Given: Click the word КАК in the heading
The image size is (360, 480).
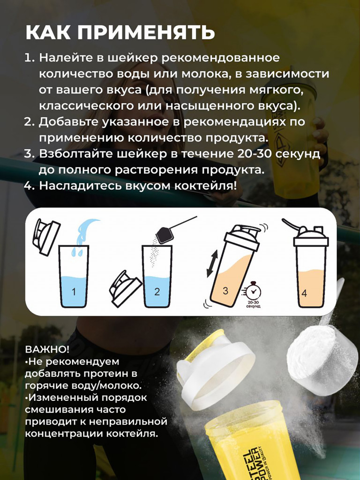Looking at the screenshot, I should [49, 33].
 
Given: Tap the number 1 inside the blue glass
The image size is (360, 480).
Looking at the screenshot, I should [74, 292].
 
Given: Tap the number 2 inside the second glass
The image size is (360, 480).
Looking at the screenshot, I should [157, 292].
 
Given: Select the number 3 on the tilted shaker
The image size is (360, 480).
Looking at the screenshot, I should [225, 291].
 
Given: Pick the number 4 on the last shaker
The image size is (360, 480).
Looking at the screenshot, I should [304, 294].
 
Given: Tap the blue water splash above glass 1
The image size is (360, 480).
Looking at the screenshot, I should [84, 234].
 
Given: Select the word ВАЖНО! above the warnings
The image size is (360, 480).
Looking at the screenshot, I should [47, 350].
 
